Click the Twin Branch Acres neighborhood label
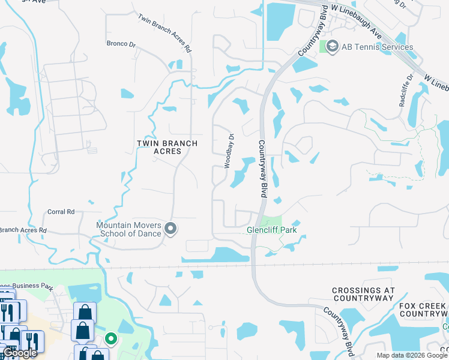point(159,147)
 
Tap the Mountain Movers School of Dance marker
point(171,229)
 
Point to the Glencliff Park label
point(272,230)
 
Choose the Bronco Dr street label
point(121,43)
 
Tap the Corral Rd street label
point(61,212)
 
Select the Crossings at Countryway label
point(363,294)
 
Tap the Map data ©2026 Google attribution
point(411,355)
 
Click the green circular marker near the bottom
point(110,339)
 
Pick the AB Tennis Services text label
point(378,47)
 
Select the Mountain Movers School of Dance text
point(129,229)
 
